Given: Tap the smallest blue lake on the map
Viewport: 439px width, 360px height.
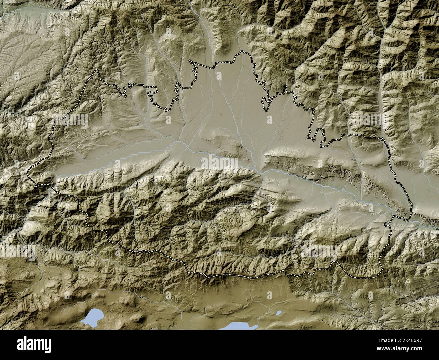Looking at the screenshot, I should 279,313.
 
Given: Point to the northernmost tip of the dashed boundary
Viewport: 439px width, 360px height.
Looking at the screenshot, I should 242,51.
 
